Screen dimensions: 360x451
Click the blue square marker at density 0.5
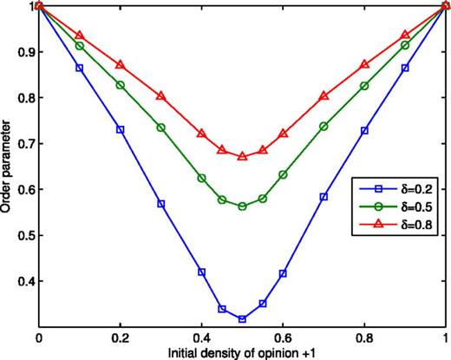(242, 318)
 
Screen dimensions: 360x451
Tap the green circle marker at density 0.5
(242, 206)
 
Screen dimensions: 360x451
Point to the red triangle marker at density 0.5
(242, 156)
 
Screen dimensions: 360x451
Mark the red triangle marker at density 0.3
(160, 96)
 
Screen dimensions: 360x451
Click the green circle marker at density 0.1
(80, 46)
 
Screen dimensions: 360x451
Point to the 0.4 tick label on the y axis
(22, 282)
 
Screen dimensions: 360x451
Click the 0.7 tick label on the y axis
(22, 144)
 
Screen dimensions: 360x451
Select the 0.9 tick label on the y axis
(22, 52)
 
